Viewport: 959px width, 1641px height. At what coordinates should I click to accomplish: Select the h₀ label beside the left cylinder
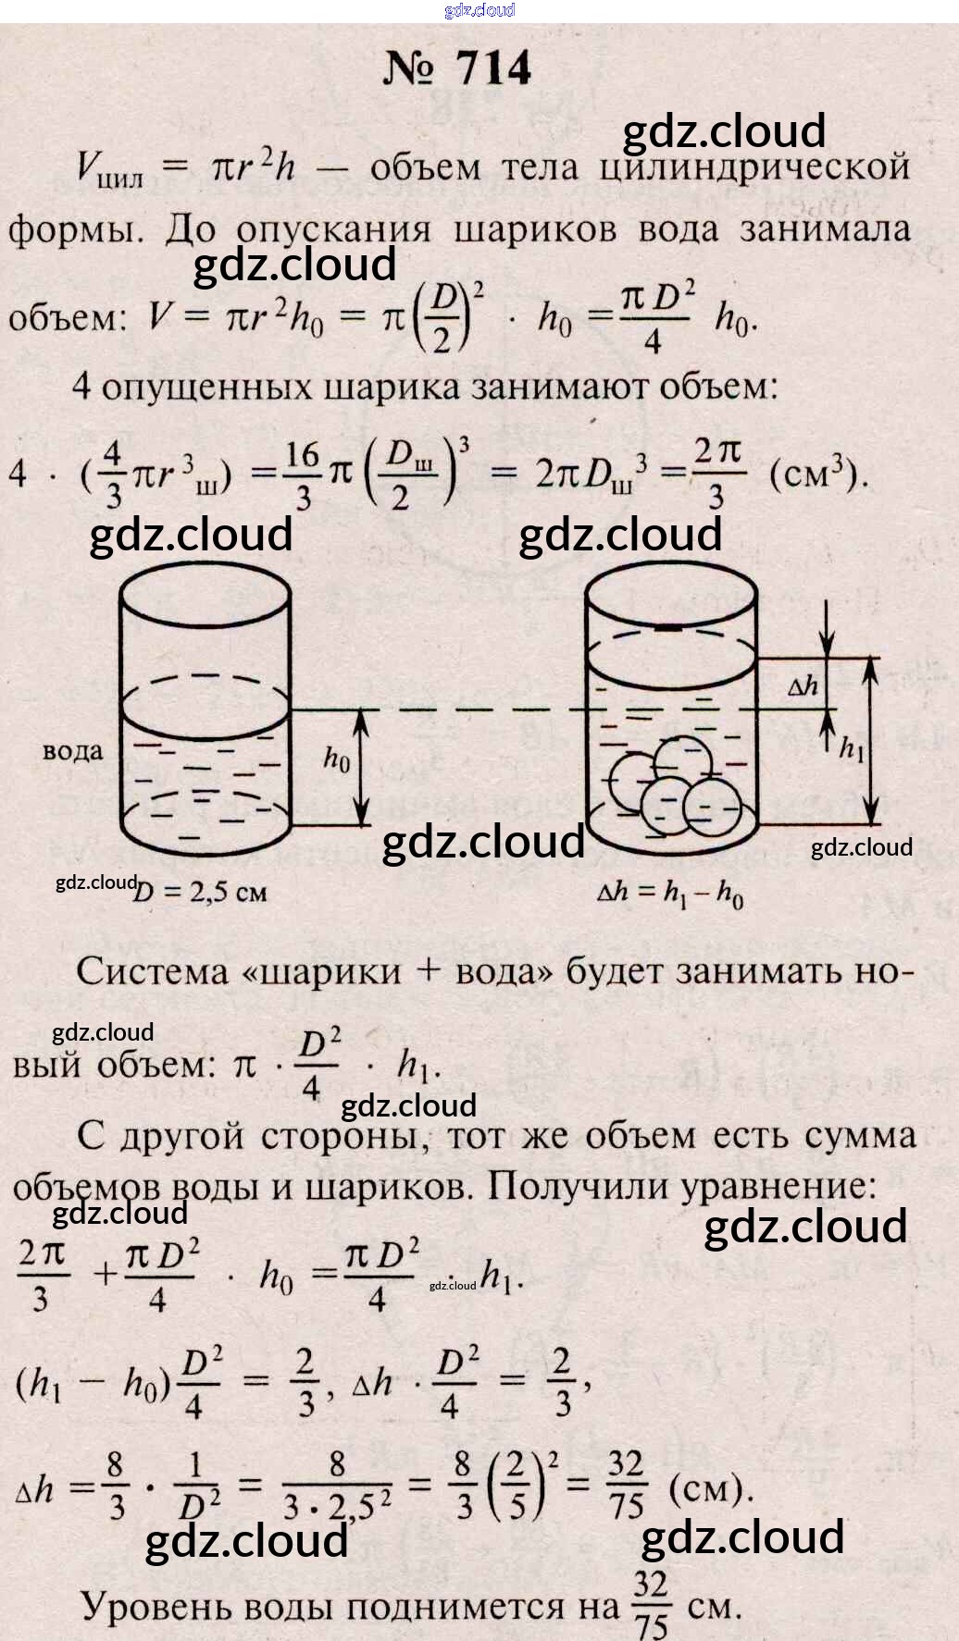[x=337, y=759]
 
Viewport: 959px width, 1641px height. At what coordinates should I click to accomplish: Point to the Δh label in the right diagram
[x=803, y=686]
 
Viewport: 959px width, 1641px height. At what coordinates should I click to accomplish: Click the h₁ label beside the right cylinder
[x=851, y=747]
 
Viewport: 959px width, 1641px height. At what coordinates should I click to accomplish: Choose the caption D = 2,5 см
[x=200, y=892]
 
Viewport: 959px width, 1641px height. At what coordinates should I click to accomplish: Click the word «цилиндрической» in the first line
[x=753, y=167]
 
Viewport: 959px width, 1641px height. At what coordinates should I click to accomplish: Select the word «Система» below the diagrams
[x=152, y=971]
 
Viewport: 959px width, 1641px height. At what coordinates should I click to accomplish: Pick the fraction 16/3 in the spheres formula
[x=302, y=475]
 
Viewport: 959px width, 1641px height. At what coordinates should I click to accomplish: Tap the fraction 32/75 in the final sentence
[x=651, y=1604]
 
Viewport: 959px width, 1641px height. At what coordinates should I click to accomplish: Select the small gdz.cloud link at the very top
[x=479, y=10]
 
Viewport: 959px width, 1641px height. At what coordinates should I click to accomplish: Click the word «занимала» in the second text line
[x=824, y=228]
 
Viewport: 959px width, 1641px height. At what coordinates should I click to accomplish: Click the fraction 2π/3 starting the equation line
[x=43, y=1275]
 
